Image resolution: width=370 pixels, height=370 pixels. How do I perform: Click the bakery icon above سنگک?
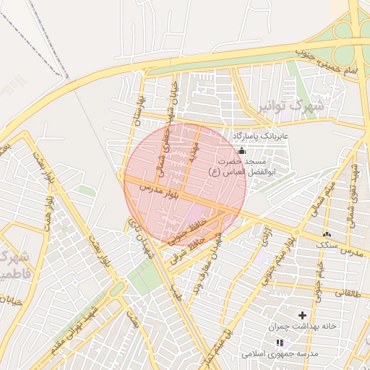pyautogui.click(x=327, y=233)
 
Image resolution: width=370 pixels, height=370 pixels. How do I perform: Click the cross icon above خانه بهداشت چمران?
pyautogui.click(x=302, y=315)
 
